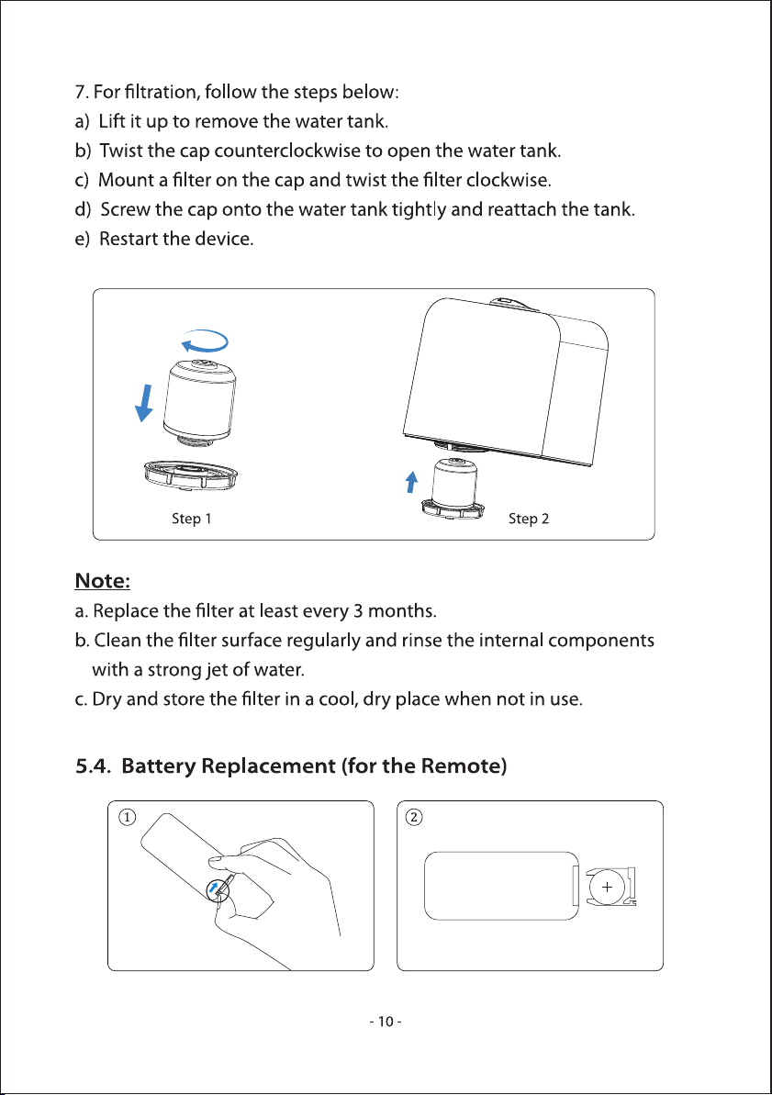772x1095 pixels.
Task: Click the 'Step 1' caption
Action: point(192,519)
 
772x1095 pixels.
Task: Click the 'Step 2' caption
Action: point(528,519)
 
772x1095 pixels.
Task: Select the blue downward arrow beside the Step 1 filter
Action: point(145,403)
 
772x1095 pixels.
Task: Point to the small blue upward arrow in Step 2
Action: point(412,481)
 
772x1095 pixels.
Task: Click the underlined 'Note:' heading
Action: point(102,581)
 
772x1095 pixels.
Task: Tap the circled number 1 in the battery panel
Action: point(127,816)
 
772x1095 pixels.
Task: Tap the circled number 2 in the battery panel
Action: point(414,816)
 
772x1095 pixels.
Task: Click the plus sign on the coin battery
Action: point(607,887)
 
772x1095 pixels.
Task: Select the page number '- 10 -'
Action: point(386,1022)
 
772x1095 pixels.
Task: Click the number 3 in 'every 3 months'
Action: point(358,611)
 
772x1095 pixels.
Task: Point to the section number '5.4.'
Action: point(93,766)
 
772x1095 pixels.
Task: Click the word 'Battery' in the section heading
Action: point(159,766)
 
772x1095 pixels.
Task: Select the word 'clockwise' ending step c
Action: point(509,180)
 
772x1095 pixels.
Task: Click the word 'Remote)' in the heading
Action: point(464,766)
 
